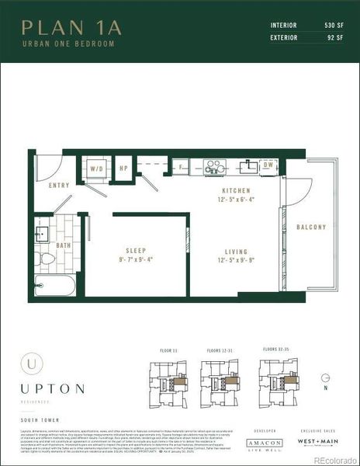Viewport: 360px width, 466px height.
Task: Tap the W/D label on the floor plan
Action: [97, 168]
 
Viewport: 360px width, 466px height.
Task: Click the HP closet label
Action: [123, 168]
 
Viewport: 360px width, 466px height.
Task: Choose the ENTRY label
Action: [58, 186]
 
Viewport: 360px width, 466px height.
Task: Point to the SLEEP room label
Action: [136, 252]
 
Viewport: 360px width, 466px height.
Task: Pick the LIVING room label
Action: [235, 252]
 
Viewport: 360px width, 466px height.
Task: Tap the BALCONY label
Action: [311, 227]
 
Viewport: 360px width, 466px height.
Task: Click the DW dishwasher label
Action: [267, 165]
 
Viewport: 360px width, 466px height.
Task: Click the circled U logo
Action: [29, 362]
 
